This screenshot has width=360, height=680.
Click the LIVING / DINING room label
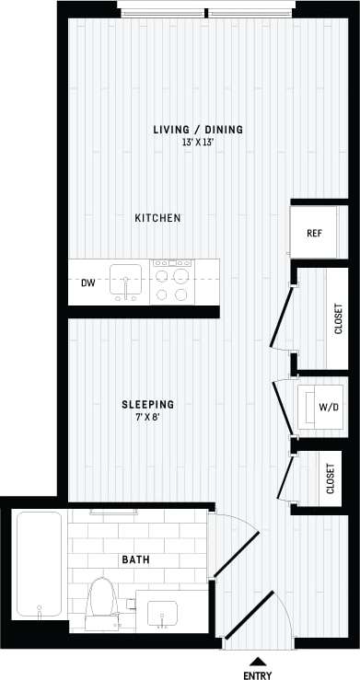click(198, 130)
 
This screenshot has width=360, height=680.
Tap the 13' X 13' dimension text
click(198, 143)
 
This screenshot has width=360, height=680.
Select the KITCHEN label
click(157, 218)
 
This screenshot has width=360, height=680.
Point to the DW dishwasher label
click(88, 282)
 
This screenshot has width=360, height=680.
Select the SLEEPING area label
click(148, 404)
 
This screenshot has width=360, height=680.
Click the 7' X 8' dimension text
click(148, 417)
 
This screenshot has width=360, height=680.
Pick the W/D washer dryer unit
click(325, 406)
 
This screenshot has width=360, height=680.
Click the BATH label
click(135, 559)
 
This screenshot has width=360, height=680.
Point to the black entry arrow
click(259, 660)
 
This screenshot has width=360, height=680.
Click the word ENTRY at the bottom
click(258, 674)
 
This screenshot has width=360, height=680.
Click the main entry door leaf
click(250, 616)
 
